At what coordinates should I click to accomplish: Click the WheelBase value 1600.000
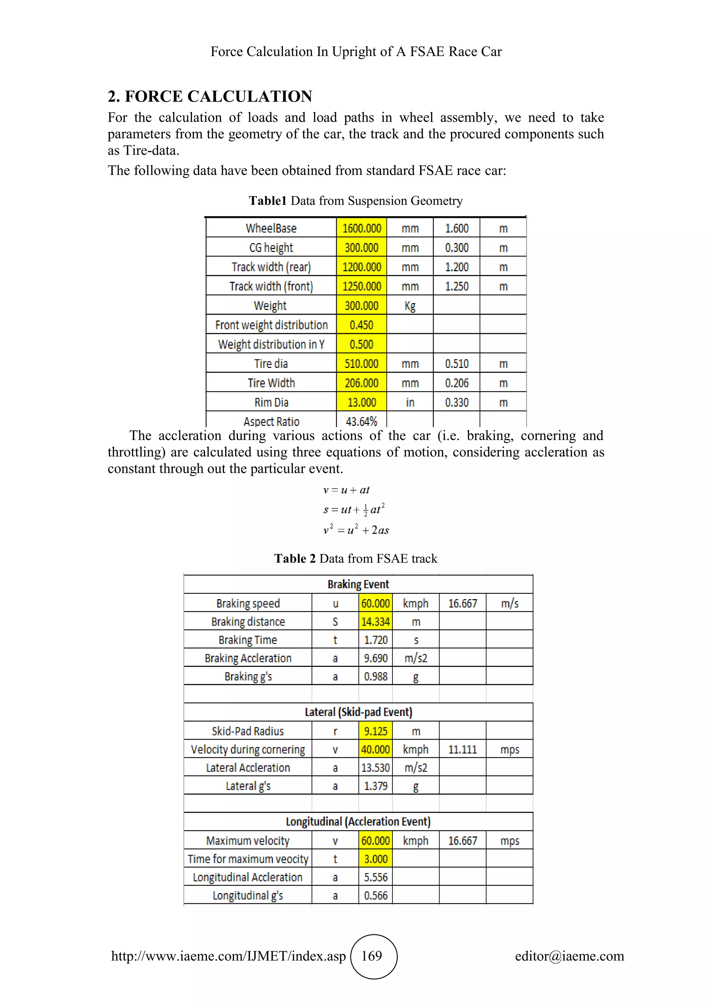[x=362, y=228]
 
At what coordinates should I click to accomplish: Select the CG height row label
[x=271, y=248]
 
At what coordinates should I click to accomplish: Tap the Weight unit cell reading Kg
[x=410, y=306]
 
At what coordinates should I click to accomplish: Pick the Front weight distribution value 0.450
[x=362, y=325]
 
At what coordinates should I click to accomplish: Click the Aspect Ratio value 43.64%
[x=361, y=421]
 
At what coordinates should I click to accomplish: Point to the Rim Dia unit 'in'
[x=410, y=402]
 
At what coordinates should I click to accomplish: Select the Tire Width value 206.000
[x=362, y=383]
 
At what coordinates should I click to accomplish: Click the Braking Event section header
[x=358, y=584]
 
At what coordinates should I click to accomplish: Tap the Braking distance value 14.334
[x=375, y=621]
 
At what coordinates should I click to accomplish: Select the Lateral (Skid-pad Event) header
[x=358, y=712]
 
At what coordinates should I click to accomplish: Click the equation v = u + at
[x=346, y=490]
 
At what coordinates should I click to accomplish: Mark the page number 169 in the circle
[x=372, y=956]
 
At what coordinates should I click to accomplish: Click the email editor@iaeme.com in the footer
[x=569, y=956]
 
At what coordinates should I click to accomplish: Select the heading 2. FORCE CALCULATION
[x=210, y=96]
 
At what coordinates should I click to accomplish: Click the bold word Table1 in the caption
[x=267, y=201]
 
